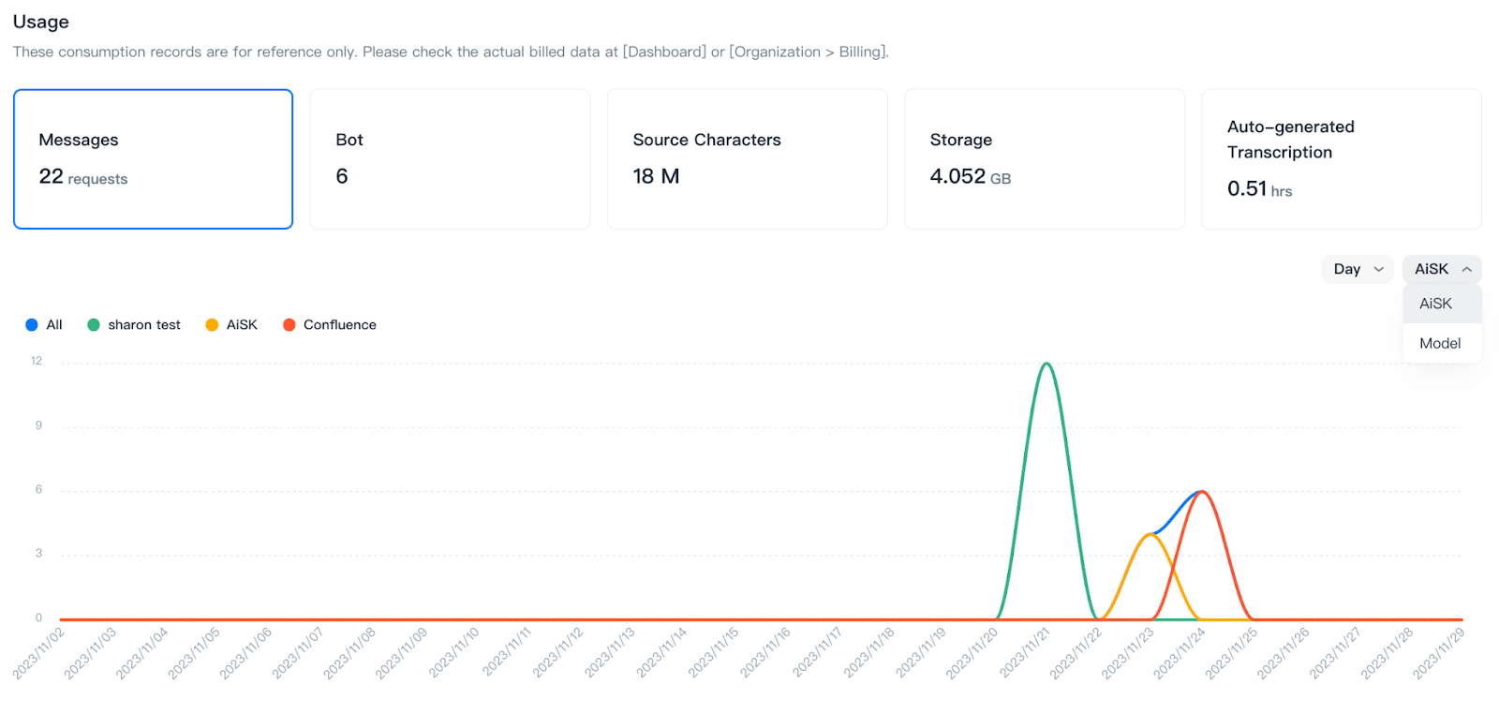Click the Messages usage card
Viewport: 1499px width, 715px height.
pyautogui.click(x=153, y=159)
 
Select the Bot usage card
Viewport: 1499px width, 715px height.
pyautogui.click(x=450, y=159)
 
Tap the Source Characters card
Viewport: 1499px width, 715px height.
pyautogui.click(x=747, y=159)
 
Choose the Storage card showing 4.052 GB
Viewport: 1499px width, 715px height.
pyautogui.click(x=1044, y=159)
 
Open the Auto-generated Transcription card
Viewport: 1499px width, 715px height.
pyautogui.click(x=1341, y=159)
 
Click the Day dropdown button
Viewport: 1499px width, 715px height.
pyautogui.click(x=1358, y=269)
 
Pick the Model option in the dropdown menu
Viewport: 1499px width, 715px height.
pyautogui.click(x=1440, y=343)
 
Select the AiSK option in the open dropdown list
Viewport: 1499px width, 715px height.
pyautogui.click(x=1436, y=304)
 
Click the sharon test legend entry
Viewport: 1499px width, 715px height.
pyautogui.click(x=143, y=325)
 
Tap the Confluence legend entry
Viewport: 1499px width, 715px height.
pyautogui.click(x=339, y=325)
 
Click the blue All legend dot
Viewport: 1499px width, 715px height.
pyautogui.click(x=32, y=325)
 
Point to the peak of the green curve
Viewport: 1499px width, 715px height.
pyautogui.click(x=1046, y=364)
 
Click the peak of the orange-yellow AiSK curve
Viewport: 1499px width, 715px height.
pyautogui.click(x=1150, y=534)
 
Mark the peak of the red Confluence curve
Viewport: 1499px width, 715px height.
pyautogui.click(x=1202, y=492)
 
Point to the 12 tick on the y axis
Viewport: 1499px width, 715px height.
pyautogui.click(x=37, y=361)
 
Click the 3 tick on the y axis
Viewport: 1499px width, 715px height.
pyautogui.click(x=38, y=553)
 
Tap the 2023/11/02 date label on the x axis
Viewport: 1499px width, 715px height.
pyautogui.click(x=39, y=652)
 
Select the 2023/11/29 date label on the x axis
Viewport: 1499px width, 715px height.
pyautogui.click(x=1438, y=652)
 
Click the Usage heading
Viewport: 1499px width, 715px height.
pyautogui.click(x=41, y=22)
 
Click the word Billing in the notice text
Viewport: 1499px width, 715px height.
pyautogui.click(x=860, y=52)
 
